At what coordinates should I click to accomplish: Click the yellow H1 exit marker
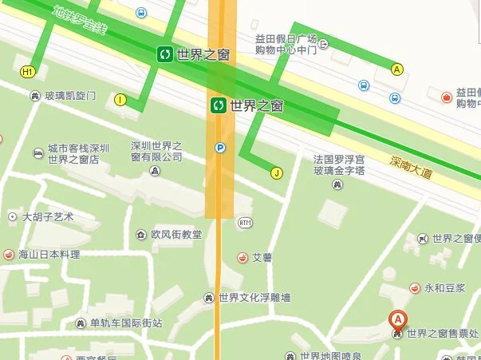tap(28, 72)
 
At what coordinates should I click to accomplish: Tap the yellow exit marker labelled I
tap(120, 100)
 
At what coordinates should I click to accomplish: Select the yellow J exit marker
tap(277, 172)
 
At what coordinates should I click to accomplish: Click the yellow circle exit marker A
tap(396, 69)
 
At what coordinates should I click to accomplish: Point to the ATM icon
tap(244, 222)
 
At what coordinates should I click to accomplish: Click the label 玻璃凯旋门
tap(70, 97)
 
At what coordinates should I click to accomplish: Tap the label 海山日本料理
tap(49, 255)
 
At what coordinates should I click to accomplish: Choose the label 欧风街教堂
tap(176, 235)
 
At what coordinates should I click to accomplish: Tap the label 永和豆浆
tap(444, 287)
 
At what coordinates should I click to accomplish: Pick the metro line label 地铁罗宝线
tap(79, 21)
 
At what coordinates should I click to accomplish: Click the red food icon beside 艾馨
tap(242, 257)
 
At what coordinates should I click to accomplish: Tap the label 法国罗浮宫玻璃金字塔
tap(339, 165)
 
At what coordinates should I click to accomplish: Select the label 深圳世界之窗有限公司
tap(157, 152)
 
